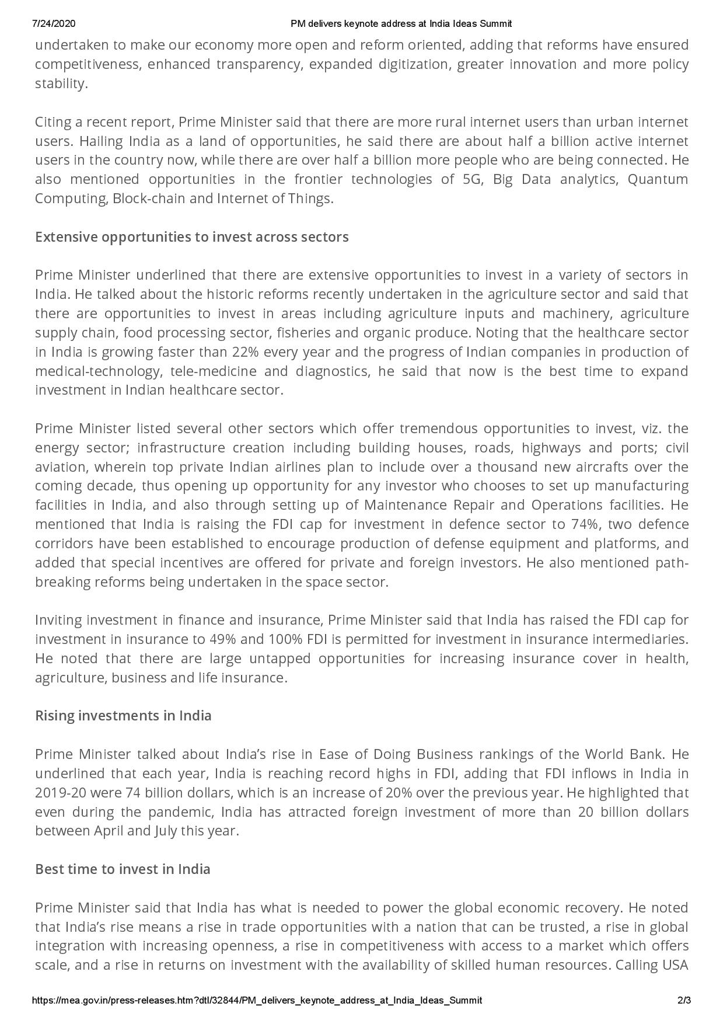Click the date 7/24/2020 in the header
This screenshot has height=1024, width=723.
tap(54, 24)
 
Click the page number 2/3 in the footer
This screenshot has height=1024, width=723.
tap(684, 1000)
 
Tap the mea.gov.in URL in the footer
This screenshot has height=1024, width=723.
tap(257, 1000)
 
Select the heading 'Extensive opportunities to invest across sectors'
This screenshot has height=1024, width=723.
tap(192, 237)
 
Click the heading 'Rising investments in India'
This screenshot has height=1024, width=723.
tap(123, 716)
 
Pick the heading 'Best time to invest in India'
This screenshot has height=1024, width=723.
tap(123, 869)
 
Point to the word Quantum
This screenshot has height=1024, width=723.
tap(658, 179)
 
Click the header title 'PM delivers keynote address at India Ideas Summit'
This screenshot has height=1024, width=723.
tap(401, 24)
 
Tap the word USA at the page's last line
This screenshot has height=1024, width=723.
tap(675, 965)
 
